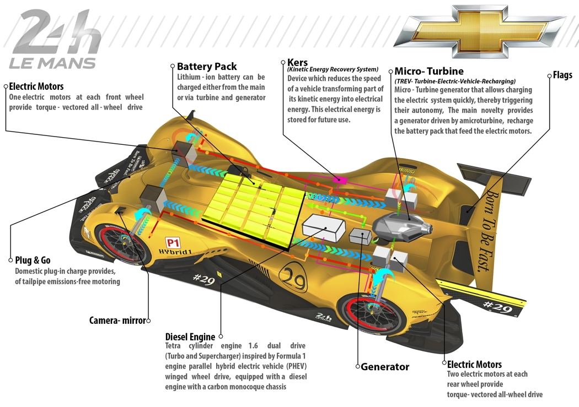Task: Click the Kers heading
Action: point(297,62)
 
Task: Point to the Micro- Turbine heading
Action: point(429,72)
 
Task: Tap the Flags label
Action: point(562,75)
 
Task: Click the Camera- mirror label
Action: point(117,320)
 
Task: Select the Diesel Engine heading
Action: point(190,337)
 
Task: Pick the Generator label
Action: point(385,366)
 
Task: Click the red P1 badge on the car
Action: point(173,242)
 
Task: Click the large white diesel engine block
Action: point(323,228)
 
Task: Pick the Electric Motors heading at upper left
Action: point(36,86)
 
